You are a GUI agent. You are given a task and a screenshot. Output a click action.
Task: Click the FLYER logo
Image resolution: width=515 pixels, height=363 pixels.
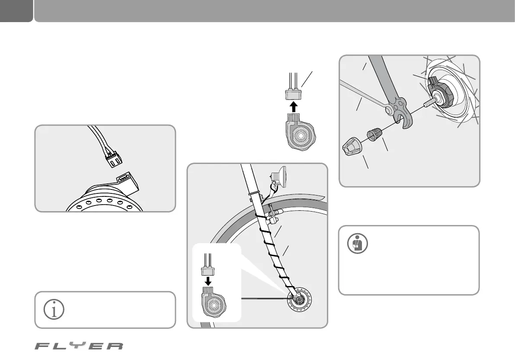[x=79, y=346]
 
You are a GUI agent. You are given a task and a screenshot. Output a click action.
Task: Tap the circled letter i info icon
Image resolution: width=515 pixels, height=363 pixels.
[x=54, y=310]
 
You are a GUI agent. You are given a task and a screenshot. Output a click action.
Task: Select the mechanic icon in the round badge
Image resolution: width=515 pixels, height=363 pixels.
[x=358, y=244]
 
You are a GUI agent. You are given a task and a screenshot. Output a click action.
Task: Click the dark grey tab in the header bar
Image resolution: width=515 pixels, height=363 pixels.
[x=16, y=11]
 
